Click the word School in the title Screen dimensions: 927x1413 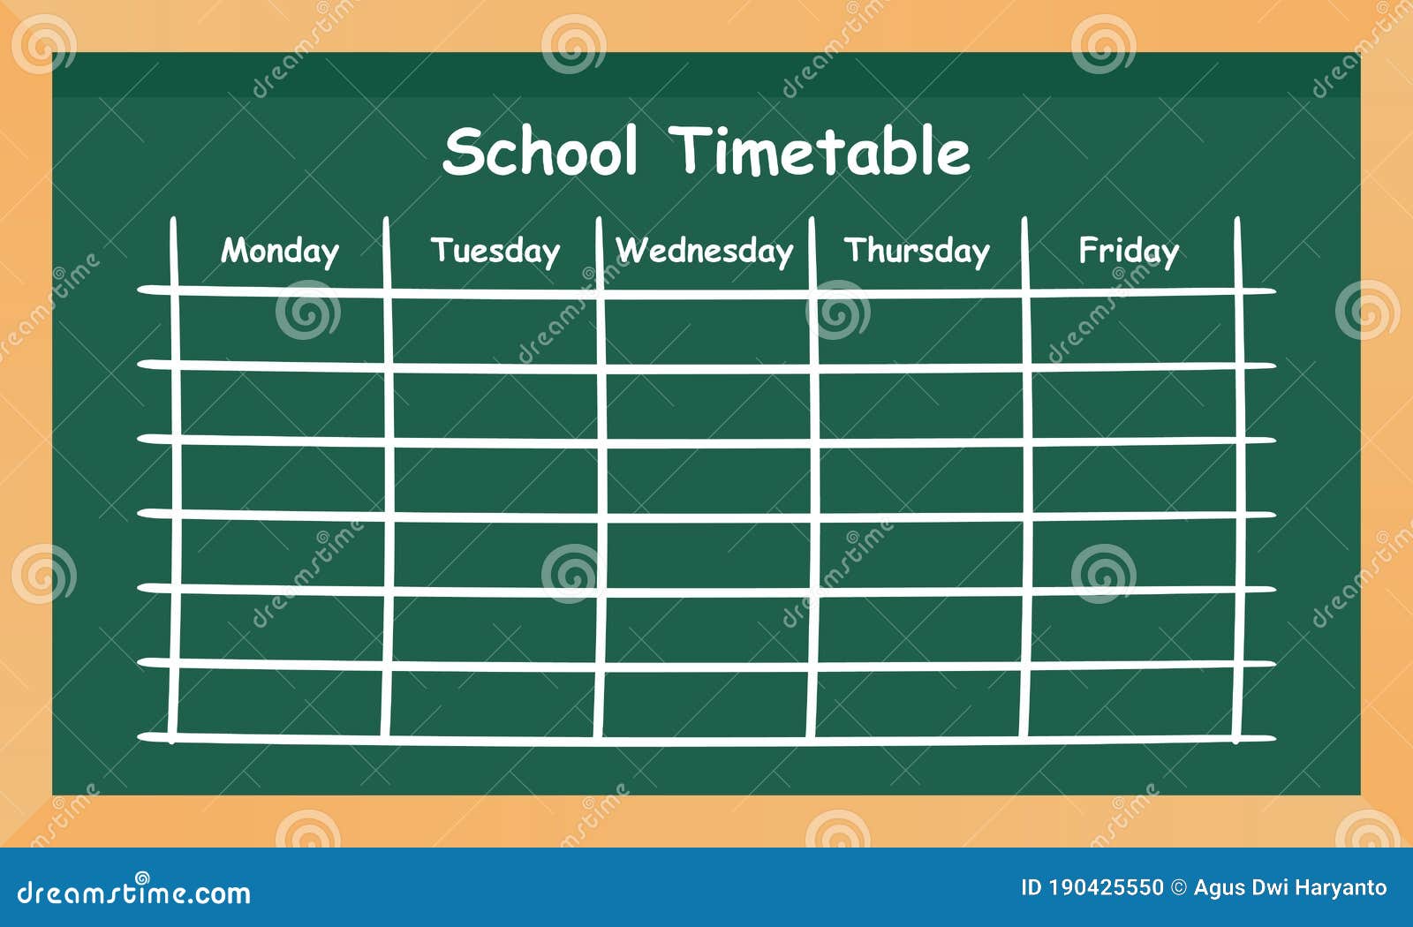[540, 151]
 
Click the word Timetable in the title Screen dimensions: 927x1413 [820, 151]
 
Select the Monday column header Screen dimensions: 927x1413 [280, 252]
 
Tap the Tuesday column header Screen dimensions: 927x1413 [495, 252]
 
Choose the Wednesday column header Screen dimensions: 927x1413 [705, 252]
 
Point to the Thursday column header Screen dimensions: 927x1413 [917, 252]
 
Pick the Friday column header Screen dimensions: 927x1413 [1129, 252]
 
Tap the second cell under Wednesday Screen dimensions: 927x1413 [707, 403]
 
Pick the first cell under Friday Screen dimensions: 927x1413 [1132, 328]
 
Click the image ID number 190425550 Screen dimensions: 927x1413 [1106, 888]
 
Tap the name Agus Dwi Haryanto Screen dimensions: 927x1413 [1290, 888]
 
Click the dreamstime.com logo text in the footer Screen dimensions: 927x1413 [134, 893]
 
